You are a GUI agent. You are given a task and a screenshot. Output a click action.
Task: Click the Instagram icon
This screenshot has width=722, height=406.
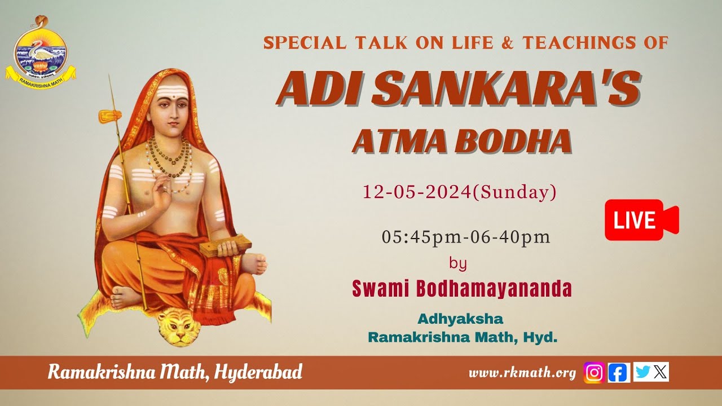point(594,372)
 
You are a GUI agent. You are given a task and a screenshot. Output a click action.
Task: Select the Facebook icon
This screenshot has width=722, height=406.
point(619,372)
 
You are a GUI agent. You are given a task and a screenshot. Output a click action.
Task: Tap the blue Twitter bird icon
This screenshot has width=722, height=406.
point(642,372)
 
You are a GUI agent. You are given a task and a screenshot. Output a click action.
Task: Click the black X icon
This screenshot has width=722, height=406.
point(661,372)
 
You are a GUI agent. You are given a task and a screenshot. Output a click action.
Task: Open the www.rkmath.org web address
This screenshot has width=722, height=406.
point(522,373)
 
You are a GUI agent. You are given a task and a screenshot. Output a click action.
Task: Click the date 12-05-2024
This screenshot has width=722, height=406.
point(417,192)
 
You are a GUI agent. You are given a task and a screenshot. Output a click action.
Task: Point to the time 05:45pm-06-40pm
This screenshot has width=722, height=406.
point(466,237)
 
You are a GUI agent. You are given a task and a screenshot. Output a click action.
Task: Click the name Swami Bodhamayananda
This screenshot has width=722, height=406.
point(462,289)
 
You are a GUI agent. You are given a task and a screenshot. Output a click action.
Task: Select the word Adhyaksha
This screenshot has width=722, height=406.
point(460,319)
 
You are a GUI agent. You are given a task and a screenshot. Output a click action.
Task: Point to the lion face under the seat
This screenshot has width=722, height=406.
point(178,327)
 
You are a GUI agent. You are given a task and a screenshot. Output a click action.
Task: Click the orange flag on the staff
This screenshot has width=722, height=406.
point(110,116)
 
